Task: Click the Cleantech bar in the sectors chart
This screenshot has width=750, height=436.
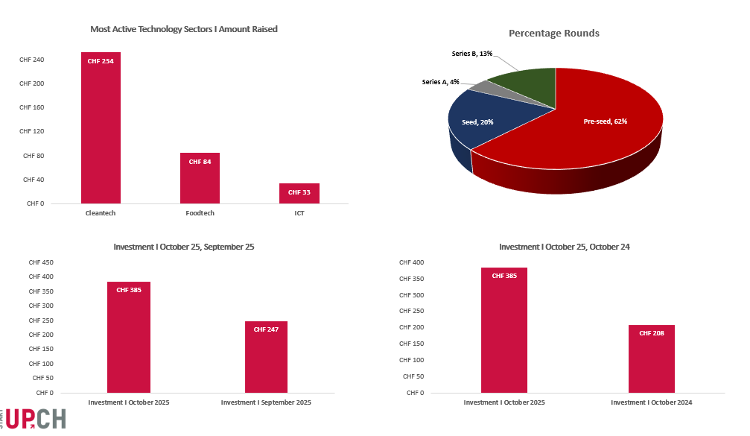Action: (x=101, y=127)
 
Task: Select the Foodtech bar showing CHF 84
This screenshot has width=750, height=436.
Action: (x=200, y=178)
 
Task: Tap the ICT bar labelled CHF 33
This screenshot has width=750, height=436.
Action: (x=299, y=194)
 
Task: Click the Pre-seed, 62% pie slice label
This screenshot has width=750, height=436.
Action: (x=605, y=121)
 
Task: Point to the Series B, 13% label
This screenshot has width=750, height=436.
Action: (x=471, y=54)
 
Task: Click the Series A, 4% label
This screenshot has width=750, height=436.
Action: (x=440, y=82)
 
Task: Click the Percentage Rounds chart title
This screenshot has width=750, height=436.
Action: (x=553, y=34)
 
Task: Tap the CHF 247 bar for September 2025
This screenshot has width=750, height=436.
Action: (x=266, y=357)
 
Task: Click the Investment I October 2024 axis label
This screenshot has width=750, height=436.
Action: (x=651, y=402)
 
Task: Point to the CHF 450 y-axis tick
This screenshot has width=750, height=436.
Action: (x=40, y=262)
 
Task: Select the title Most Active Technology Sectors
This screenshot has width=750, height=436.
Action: (x=183, y=29)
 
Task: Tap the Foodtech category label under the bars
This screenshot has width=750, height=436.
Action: (x=200, y=213)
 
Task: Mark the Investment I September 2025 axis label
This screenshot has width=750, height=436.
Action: (x=266, y=402)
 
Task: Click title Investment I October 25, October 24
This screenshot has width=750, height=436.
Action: (x=564, y=246)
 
